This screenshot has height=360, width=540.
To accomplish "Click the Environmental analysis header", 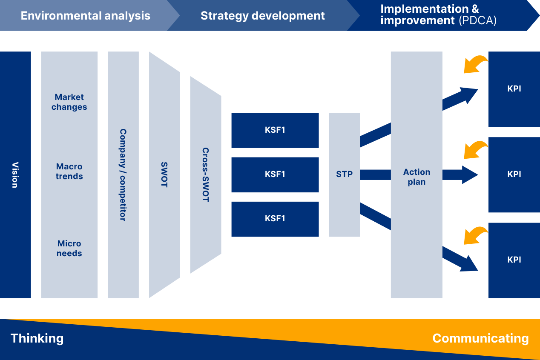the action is tap(85, 16).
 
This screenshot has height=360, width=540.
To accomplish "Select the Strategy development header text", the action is tap(262, 16).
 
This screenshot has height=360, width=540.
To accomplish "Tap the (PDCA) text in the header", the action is tap(477, 20).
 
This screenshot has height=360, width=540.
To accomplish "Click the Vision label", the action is tap(15, 175).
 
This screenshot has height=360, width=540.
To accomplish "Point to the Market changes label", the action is tap(69, 102).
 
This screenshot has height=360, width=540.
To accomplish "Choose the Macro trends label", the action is tap(69, 171).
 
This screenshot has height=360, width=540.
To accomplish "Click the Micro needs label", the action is tap(69, 248).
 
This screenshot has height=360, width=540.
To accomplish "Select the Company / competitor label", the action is tap(123, 175).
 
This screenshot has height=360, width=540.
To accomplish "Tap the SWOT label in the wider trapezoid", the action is tap(164, 175).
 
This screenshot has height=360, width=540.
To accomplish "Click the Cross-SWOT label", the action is tap(206, 175).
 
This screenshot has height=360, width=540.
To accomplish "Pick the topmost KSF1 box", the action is tap(275, 130).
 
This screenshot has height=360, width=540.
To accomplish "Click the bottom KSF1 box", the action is tap(275, 219).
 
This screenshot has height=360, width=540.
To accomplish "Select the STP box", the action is tap(345, 175).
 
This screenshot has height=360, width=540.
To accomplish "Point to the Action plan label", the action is tap(416, 177).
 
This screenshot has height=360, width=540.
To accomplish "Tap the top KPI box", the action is tap(514, 89).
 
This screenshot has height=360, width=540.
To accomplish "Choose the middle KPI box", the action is tap(514, 175).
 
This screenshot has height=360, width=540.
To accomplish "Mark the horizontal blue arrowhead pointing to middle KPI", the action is tap(470, 175).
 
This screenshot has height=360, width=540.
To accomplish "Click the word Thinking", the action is tap(37, 338).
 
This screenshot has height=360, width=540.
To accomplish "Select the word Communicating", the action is tap(480, 339).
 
